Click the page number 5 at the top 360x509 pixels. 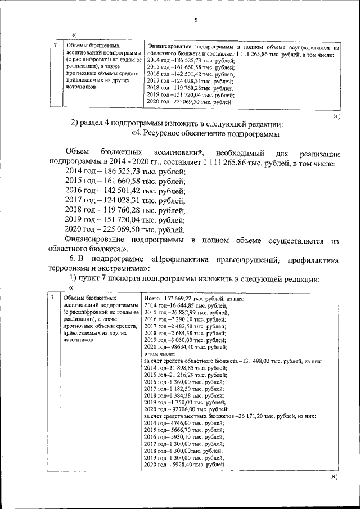point(196,20)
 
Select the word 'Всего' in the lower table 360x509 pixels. point(152,298)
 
